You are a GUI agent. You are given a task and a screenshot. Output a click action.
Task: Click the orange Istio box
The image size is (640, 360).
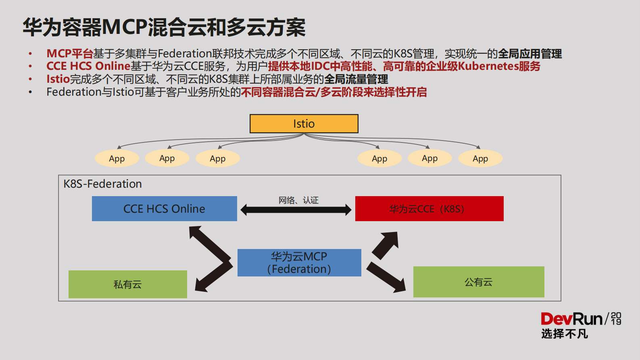tap(304, 123)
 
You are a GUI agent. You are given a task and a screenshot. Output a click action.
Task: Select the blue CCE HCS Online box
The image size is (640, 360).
tap(164, 209)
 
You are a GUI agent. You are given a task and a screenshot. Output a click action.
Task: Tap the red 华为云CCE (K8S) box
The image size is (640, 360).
tap(429, 209)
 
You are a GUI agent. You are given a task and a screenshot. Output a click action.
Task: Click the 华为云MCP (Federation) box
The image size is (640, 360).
tap(299, 263)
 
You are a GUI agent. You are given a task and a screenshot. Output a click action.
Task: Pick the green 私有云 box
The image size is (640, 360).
tap(127, 284)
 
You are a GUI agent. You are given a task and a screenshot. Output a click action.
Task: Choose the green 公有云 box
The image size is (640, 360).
tap(478, 282)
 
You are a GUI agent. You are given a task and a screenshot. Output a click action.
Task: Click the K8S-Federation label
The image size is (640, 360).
tap(102, 184)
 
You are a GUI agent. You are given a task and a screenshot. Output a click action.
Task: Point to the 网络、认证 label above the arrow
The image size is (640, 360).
tap(298, 200)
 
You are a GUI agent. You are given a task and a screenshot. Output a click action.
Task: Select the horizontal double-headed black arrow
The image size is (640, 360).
tap(296, 209)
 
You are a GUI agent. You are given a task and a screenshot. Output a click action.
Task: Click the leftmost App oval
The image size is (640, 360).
tap(117, 159)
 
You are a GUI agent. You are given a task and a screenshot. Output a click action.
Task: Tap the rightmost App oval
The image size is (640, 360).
tap(480, 159)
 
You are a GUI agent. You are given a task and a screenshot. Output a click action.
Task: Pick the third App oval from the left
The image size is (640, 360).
tap(217, 159)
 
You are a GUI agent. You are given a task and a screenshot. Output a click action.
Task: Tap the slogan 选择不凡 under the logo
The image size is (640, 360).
tap(564, 334)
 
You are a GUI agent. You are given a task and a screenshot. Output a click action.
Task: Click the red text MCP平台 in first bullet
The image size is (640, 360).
tap(69, 54)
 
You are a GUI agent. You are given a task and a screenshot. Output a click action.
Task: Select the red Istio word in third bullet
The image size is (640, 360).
tap(58, 79)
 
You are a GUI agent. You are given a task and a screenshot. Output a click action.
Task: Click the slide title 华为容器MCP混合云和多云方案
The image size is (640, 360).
tap(164, 27)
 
